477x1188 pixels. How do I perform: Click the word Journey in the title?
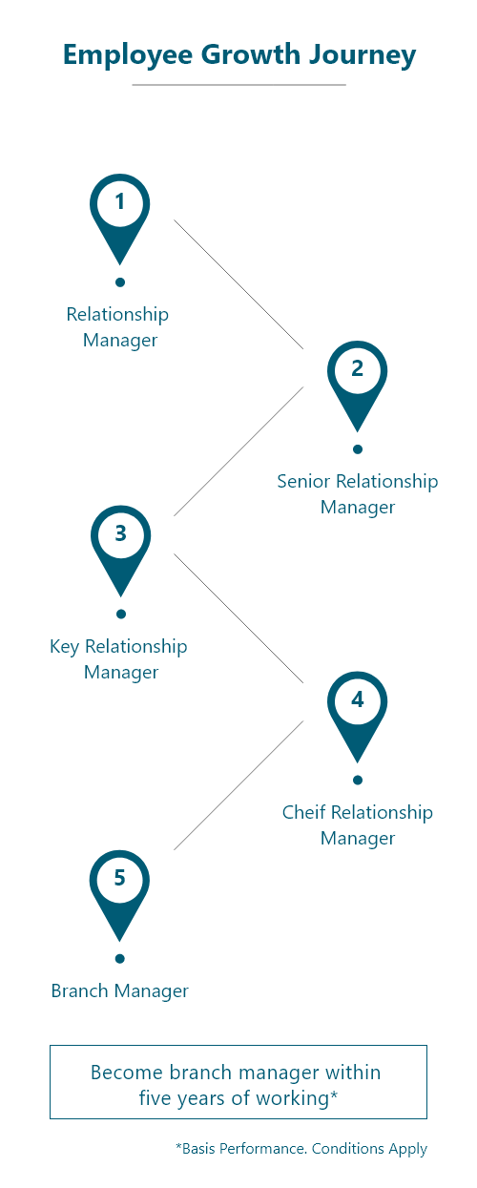click(363, 55)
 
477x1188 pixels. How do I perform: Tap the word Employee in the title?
click(128, 55)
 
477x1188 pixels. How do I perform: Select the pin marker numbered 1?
click(120, 219)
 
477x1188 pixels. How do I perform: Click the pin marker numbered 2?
click(357, 386)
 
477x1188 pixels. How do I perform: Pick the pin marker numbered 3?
click(121, 551)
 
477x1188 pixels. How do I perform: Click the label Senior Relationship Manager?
click(358, 493)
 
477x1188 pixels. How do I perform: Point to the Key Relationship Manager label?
click(118, 659)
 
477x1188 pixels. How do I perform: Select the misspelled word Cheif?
click(303, 812)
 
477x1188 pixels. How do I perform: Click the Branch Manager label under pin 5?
click(120, 990)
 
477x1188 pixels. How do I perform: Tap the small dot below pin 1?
click(120, 282)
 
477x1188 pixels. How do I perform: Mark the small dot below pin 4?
click(358, 781)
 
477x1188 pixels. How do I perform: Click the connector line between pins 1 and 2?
click(239, 284)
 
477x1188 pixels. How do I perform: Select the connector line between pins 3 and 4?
click(239, 618)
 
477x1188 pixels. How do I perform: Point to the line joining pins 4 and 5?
click(239, 785)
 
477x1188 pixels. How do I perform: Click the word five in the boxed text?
click(154, 1098)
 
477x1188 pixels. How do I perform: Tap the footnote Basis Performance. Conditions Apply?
click(301, 1149)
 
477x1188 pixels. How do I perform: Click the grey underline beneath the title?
click(239, 84)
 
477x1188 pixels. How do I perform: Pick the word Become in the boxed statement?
click(127, 1073)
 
